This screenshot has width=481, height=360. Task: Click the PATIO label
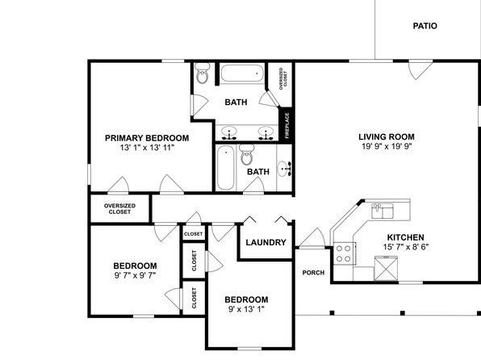pyautogui.click(x=425, y=26)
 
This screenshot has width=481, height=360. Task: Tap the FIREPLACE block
pyautogui.click(x=285, y=125)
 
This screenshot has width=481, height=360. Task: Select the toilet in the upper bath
pyautogui.click(x=202, y=73)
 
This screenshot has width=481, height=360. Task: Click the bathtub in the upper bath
pyautogui.click(x=242, y=73)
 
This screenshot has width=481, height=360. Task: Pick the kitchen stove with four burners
pyautogui.click(x=344, y=253)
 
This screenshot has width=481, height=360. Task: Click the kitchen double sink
pyautogui.click(x=383, y=211)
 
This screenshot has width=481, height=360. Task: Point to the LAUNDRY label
pyautogui.click(x=266, y=242)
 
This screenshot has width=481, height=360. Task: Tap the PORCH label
pyautogui.click(x=313, y=273)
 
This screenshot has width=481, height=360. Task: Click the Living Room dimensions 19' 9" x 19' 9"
pyautogui.click(x=387, y=146)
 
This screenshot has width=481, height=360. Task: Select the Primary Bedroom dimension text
pyautogui.click(x=147, y=148)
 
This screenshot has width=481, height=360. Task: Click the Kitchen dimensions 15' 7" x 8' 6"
pyautogui.click(x=405, y=247)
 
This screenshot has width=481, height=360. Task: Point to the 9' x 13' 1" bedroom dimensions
pyautogui.click(x=246, y=309)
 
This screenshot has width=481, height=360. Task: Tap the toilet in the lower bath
pyautogui.click(x=247, y=155)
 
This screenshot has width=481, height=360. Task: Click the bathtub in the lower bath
pyautogui.click(x=226, y=168)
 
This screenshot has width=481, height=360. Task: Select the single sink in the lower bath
pyautogui.click(x=284, y=170)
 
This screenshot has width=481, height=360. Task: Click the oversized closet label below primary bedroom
pyautogui.click(x=119, y=209)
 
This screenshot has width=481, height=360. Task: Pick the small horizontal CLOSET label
pyautogui.click(x=193, y=234)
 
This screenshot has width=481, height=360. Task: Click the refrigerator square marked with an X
pyautogui.click(x=386, y=268)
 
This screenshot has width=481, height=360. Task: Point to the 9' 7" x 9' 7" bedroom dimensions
pyautogui.click(x=135, y=275)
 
